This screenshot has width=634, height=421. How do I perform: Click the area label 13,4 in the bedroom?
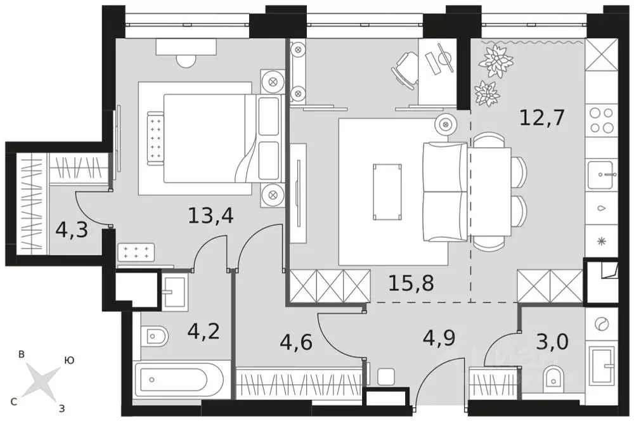coord(211,216)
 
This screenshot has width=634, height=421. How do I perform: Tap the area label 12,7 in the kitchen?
coord(542,117)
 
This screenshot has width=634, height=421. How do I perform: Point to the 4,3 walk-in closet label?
coord(71,229)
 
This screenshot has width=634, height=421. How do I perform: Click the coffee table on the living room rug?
coord(387,191)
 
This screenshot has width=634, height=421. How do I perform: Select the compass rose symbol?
coord(41,382)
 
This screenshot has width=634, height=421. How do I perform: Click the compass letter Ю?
coord(69,359)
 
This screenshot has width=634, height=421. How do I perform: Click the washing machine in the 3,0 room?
coord(600,324)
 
